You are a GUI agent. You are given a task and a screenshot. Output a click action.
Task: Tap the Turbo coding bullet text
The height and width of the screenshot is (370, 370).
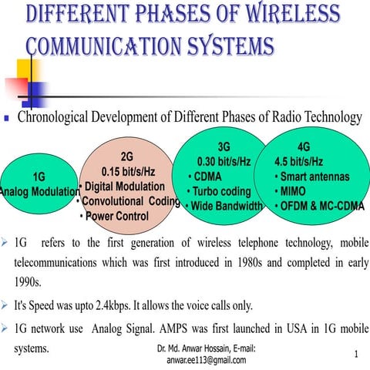coord(222,191)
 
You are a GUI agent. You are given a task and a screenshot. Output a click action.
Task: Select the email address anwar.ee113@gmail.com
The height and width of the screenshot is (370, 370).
coord(208,360)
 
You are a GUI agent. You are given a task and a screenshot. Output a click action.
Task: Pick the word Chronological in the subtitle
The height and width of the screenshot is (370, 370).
coord(58,118)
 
